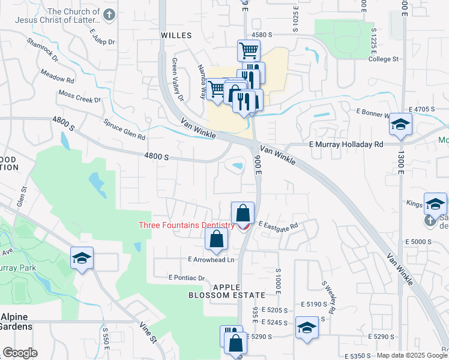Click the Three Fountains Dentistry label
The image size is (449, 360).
pos(186,225)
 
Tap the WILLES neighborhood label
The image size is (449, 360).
pos(176,35)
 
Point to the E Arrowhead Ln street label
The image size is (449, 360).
pos(211,260)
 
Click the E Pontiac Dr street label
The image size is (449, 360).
pos(187,278)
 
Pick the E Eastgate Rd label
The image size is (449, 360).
pos(278,226)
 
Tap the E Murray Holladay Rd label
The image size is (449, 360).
pos(346,145)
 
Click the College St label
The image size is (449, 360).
pos(384,59)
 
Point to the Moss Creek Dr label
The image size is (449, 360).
pos(79,97)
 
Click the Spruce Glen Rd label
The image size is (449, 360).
pos(125,128)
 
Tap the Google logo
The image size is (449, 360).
pos(20,353)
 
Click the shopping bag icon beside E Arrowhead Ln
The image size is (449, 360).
pos(216,240)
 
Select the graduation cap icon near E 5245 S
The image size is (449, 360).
pos(307,328)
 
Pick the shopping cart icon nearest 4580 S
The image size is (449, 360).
pos(249,50)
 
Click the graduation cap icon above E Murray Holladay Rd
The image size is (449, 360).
pos(400,125)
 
